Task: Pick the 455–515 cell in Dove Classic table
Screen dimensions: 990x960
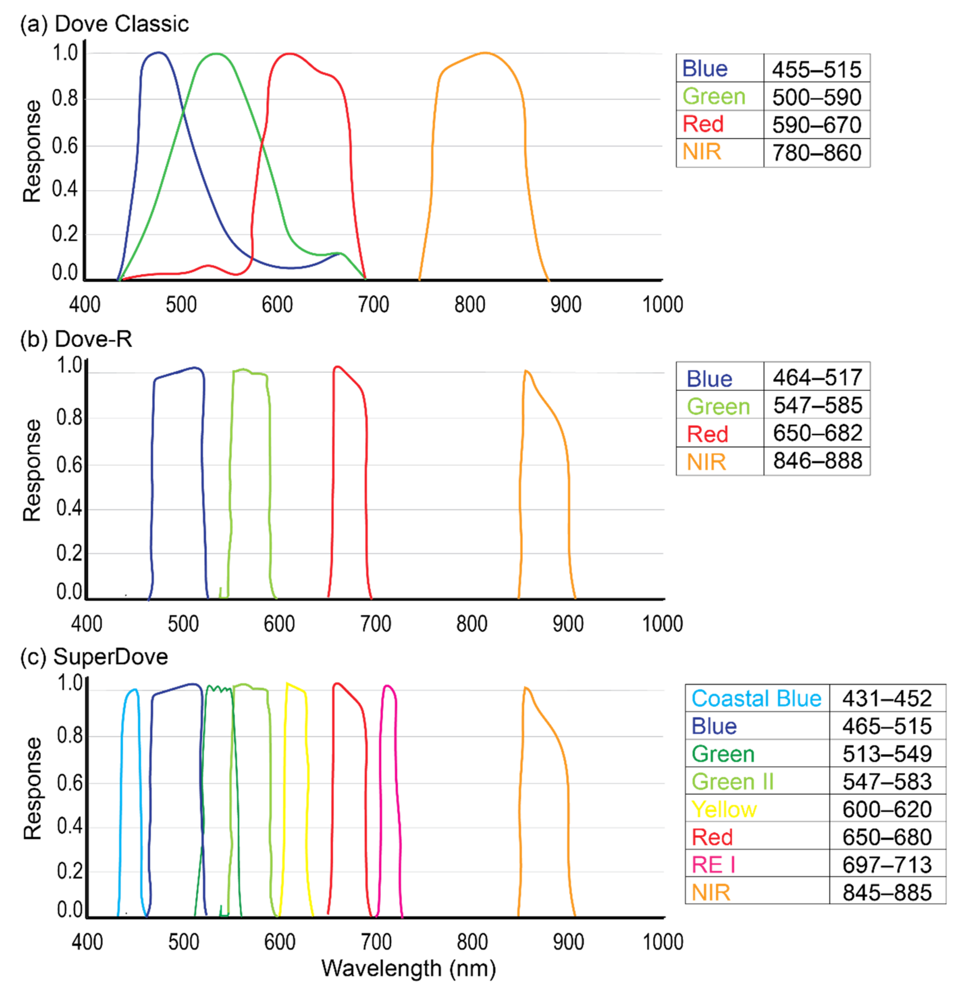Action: point(816,69)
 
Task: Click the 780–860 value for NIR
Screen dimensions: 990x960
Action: point(816,153)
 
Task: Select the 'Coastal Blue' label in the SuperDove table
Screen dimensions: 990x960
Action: point(756,699)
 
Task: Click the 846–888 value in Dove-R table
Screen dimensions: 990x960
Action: point(817,461)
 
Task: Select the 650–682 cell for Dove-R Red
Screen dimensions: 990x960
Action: point(817,433)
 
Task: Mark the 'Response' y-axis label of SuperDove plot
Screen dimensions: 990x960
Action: point(32,788)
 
